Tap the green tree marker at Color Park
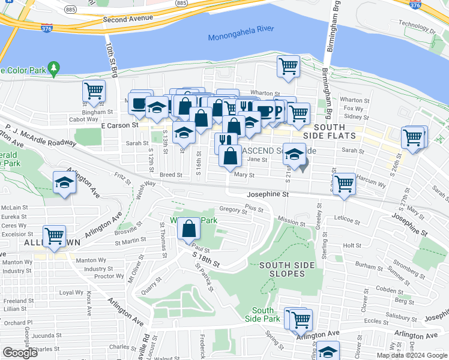coord(54,69)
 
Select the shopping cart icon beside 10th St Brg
coord(94,92)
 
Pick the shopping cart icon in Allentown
coord(54,235)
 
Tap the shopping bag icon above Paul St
coord(188,229)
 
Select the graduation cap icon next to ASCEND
coord(294,155)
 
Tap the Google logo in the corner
coord(20,353)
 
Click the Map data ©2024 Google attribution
coord(411,355)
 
